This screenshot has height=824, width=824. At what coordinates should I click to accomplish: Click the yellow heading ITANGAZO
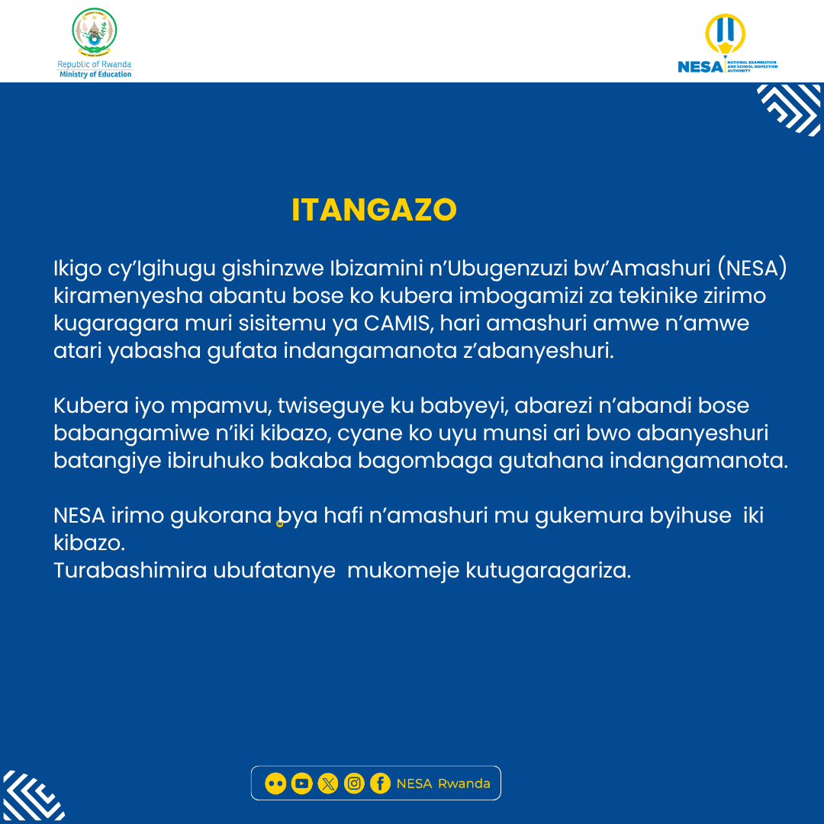click(x=374, y=210)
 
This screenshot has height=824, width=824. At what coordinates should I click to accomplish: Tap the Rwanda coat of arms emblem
click(x=95, y=34)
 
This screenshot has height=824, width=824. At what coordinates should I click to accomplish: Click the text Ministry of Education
click(x=95, y=74)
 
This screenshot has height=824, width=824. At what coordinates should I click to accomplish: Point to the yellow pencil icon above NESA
click(x=725, y=35)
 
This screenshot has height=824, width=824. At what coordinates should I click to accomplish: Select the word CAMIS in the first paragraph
click(x=398, y=323)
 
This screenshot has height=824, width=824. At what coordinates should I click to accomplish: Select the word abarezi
click(x=552, y=405)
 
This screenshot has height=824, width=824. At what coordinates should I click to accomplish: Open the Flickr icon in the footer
click(x=275, y=784)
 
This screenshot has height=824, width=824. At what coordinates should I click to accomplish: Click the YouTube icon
click(x=301, y=784)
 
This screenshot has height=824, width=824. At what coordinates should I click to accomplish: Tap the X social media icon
click(x=327, y=784)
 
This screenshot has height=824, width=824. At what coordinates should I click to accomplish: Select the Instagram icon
click(x=354, y=784)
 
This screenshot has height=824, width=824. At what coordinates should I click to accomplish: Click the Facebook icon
click(x=380, y=784)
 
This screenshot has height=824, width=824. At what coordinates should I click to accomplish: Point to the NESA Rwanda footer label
click(x=443, y=784)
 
